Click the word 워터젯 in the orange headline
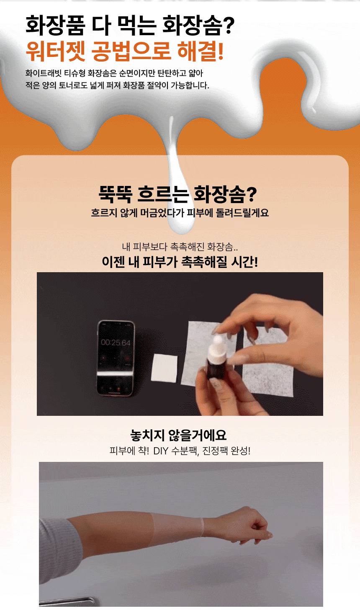tap(55, 51)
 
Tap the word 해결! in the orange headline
tap(201, 51)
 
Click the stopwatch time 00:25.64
tap(116, 343)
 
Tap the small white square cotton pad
tap(164, 368)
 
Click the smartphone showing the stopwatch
tap(116, 358)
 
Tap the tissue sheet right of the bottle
tap(268, 363)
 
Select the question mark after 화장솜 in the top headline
tap(229, 26)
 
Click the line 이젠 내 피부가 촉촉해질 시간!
tap(180, 262)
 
